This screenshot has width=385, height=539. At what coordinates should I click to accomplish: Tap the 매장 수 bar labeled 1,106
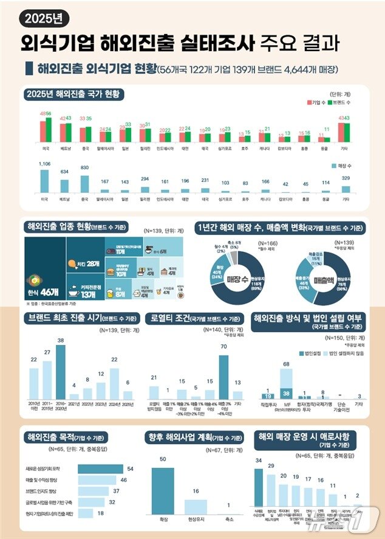pos(45,181)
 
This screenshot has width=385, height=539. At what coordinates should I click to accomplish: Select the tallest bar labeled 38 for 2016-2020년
pos(60,372)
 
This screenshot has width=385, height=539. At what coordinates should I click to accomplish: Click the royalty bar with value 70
pos(224,377)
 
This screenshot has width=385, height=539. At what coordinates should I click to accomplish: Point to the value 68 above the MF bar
pos(285,364)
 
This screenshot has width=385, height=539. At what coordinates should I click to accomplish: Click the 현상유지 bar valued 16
pos(194,508)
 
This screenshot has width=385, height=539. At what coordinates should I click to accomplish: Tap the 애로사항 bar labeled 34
pos(259,492)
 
